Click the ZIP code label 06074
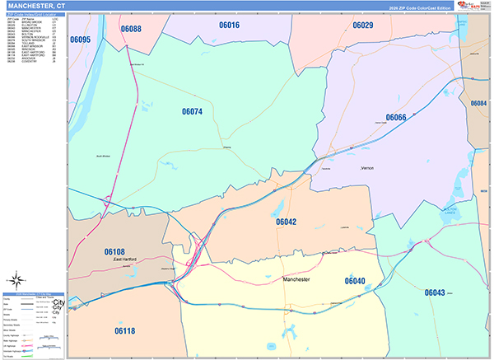pyautogui.click(x=192, y=111)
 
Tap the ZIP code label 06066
pyautogui.click(x=396, y=119)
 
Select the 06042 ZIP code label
pyautogui.click(x=286, y=222)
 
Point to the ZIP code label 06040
pyautogui.click(x=355, y=281)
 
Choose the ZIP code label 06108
pyautogui.click(x=114, y=251)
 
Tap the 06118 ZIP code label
pyautogui.click(x=125, y=330)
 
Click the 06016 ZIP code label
pyautogui.click(x=229, y=26)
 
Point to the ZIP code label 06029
pyautogui.click(x=363, y=26)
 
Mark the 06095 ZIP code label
pyautogui.click(x=81, y=39)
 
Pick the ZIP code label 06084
pyautogui.click(x=479, y=103)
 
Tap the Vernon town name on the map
pyautogui.click(x=367, y=168)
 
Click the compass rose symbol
pyautogui.click(x=17, y=278)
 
